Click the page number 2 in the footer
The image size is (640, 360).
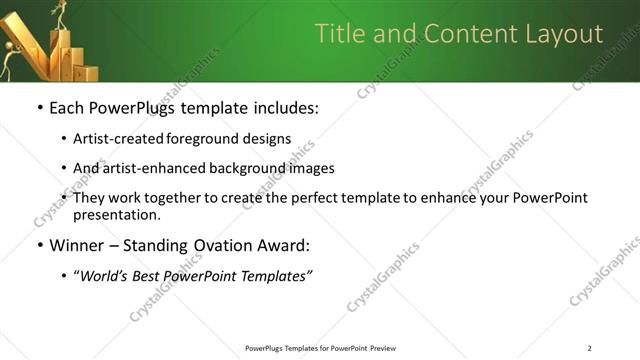[x=590, y=348]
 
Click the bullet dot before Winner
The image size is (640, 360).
[x=38, y=246]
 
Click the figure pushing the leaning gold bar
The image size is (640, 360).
[x=9, y=60]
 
